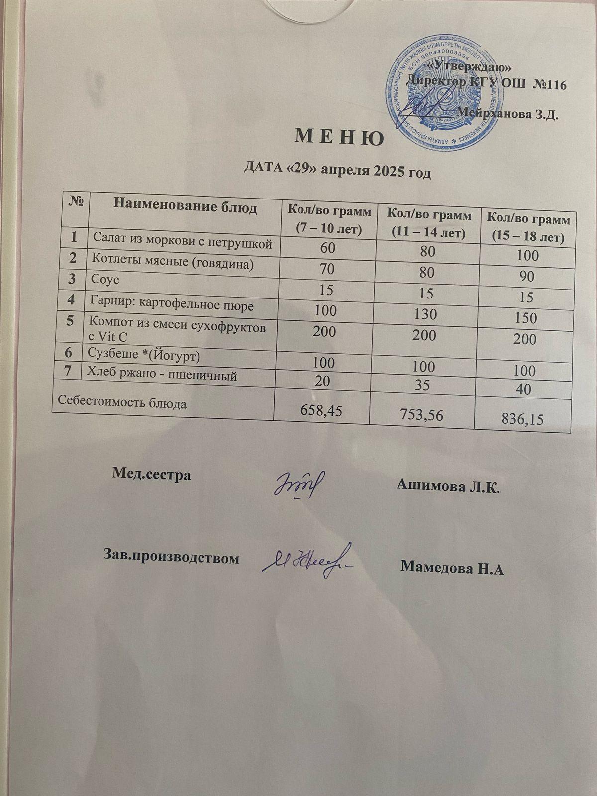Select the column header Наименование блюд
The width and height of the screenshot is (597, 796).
pyautogui.click(x=186, y=206)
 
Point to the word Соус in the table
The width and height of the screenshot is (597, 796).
pyautogui.click(x=105, y=280)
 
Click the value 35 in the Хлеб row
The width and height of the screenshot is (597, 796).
pyautogui.click(x=424, y=387)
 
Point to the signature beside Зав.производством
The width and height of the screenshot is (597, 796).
pyautogui.click(x=306, y=562)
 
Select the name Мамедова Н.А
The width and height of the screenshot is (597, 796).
pyautogui.click(x=452, y=567)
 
